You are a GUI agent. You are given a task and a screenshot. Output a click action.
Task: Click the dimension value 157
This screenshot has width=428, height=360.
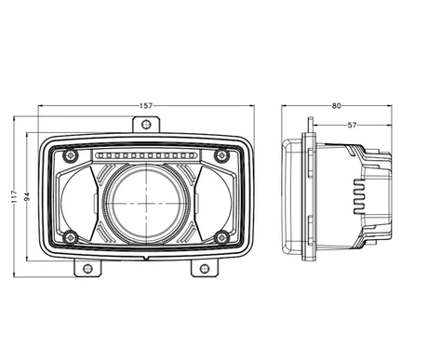[x=145, y=106]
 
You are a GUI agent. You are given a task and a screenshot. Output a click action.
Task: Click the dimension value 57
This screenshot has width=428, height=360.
[x=351, y=124]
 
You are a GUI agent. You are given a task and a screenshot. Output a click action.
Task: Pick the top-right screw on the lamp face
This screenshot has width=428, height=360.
[x=220, y=154]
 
